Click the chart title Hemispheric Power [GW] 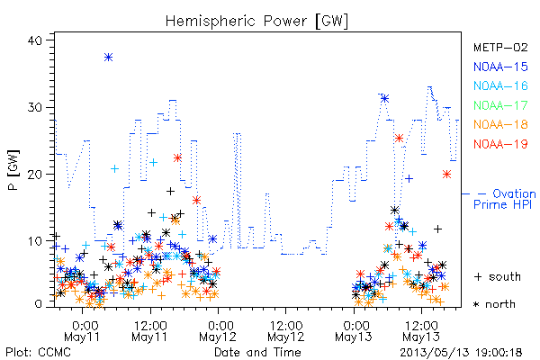(256, 21)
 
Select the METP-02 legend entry (500, 47)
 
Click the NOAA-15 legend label (500, 67)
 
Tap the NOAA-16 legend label (500, 85)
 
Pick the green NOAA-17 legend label (500, 105)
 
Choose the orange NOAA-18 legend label (500, 124)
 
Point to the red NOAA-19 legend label (500, 144)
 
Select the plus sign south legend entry (498, 276)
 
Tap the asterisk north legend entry (494, 304)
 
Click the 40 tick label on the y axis (34, 40)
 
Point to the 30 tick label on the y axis (34, 107)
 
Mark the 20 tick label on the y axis (34, 175)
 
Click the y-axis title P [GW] (13, 170)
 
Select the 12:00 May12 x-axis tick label (286, 331)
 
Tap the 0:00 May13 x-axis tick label (354, 331)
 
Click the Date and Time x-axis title (257, 353)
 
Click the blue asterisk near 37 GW (109, 58)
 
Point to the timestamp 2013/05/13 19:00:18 (461, 353)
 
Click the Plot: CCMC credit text (38, 353)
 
